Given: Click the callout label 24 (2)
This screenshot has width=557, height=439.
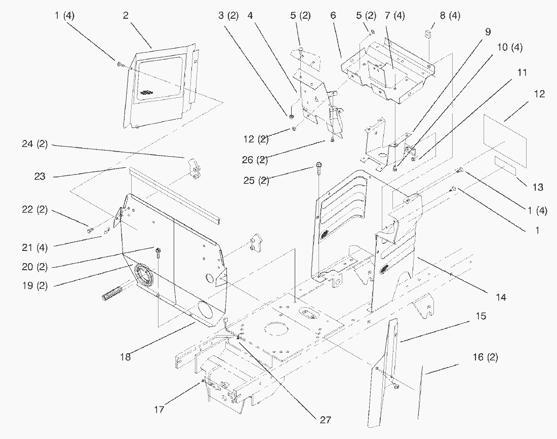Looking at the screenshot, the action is [x=35, y=144].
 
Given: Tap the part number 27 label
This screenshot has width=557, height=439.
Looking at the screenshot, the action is [x=326, y=420].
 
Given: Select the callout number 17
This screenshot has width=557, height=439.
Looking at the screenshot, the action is [x=159, y=410].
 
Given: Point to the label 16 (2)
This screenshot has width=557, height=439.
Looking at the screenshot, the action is [x=485, y=357].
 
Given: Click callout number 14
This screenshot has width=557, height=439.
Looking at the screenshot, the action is [x=501, y=297].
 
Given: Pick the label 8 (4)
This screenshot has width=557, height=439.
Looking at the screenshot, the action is [x=450, y=16].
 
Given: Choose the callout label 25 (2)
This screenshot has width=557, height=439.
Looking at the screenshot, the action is [x=256, y=180].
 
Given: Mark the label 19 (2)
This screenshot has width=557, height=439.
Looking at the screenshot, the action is [x=35, y=285].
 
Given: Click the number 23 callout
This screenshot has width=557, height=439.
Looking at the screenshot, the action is [x=40, y=176].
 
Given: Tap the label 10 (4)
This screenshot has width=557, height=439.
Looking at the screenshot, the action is [x=510, y=47].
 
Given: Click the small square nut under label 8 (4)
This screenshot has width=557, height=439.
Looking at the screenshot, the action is [x=428, y=34].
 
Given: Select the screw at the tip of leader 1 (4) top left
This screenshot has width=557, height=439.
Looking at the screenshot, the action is [x=119, y=64].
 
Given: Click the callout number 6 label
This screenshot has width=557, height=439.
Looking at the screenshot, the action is [x=333, y=15].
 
